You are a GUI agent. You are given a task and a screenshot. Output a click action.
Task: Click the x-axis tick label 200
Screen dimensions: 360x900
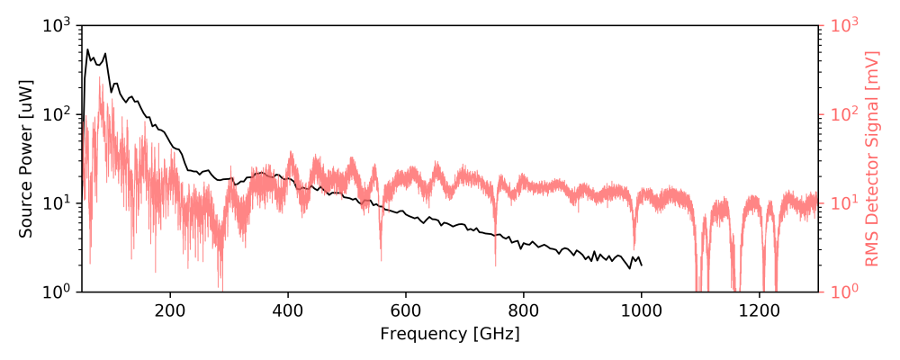pyautogui.click(x=169, y=310)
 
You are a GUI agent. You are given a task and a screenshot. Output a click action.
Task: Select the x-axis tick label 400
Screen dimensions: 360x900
pyautogui.click(x=287, y=310)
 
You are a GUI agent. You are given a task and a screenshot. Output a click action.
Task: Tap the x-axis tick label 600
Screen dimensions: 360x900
pyautogui.click(x=405, y=310)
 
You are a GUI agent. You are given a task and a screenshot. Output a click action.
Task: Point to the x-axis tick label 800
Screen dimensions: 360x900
pyautogui.click(x=523, y=310)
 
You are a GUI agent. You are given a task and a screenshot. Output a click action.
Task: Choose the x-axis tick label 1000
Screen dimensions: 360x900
pyautogui.click(x=641, y=310)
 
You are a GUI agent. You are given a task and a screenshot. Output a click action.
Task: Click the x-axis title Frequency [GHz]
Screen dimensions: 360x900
pyautogui.click(x=450, y=334)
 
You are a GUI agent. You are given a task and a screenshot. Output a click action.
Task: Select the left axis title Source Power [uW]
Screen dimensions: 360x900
pyautogui.click(x=26, y=158)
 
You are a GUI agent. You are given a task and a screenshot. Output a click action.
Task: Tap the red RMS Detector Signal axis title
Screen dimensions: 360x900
pyautogui.click(x=871, y=158)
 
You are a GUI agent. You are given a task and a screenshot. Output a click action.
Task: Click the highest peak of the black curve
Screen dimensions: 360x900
pyautogui.click(x=87, y=49)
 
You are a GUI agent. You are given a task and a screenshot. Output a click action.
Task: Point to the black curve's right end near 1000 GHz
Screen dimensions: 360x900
pyautogui.click(x=642, y=265)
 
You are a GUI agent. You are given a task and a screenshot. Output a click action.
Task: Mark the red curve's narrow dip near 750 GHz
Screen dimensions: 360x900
pyautogui.click(x=496, y=265)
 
